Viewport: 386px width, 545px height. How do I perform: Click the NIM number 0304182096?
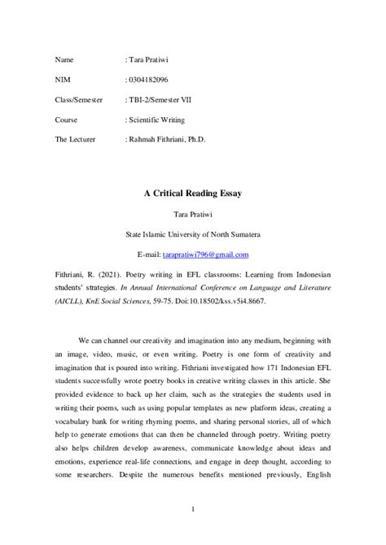[149, 81]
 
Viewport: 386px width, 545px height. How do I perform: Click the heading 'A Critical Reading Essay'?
[192, 194]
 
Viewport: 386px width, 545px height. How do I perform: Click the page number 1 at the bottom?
[192, 509]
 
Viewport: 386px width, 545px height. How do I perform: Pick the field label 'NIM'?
[62, 81]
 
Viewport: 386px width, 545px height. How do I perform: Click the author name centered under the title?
[192, 215]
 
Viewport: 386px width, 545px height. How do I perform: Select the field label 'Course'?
[68, 120]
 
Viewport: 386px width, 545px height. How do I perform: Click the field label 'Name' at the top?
[64, 61]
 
